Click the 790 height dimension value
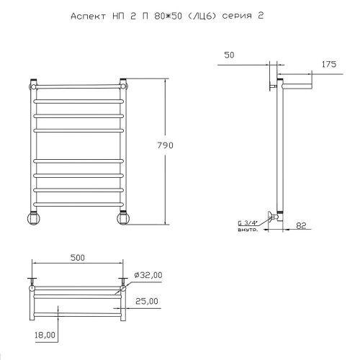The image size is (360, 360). tap(165, 145)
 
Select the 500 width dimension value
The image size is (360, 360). tap(78, 258)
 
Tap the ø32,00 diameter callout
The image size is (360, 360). tap(148, 275)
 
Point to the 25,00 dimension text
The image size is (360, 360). tap(147, 301)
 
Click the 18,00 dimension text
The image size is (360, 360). tap(45, 335)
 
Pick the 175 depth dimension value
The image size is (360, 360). tap(329, 64)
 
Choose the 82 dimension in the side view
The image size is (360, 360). tap(301, 226)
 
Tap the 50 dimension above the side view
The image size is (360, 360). tap(229, 55)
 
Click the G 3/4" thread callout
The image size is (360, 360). tap(248, 223)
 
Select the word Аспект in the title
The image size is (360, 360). tap(88, 17)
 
